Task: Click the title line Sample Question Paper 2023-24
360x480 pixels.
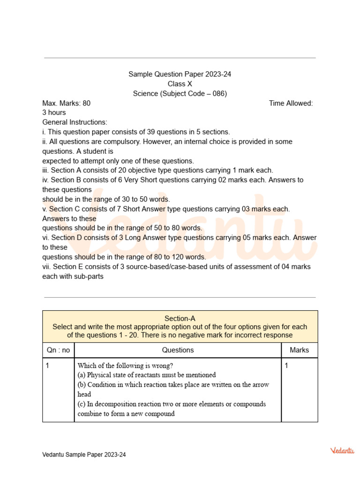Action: click(x=180, y=74)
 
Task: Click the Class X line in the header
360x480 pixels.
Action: click(x=180, y=84)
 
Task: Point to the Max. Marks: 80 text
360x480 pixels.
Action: click(x=67, y=103)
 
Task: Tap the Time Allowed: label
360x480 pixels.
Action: click(x=291, y=103)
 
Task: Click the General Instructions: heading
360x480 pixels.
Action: click(x=75, y=122)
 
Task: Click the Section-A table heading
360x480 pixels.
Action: click(x=180, y=318)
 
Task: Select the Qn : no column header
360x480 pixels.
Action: click(x=58, y=350)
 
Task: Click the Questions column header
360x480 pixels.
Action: click(x=178, y=350)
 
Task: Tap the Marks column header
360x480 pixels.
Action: click(x=300, y=350)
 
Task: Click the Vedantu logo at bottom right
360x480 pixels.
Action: click(x=342, y=450)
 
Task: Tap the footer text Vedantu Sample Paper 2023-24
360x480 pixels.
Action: click(x=84, y=455)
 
